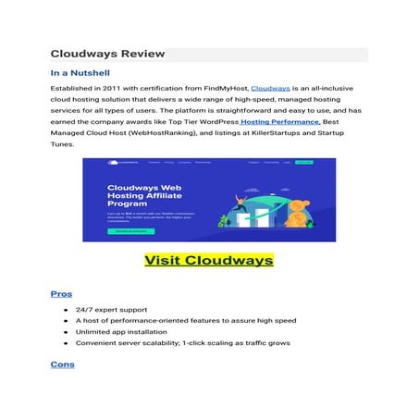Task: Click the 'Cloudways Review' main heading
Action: [x=107, y=54]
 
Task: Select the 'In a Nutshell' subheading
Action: [x=86, y=73]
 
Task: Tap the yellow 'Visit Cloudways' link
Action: [x=208, y=259]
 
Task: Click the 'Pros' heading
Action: [x=61, y=293]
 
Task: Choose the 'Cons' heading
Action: [x=63, y=364]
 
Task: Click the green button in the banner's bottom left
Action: [x=130, y=231]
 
